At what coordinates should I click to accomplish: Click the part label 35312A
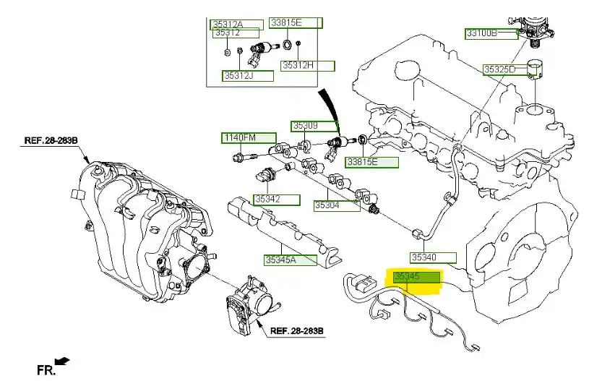[x=227, y=24]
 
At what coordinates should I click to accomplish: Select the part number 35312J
[x=238, y=75]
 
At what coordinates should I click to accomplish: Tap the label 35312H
[x=298, y=66]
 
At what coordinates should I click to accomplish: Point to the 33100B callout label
[x=481, y=33]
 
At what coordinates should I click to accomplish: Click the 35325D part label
[x=499, y=69]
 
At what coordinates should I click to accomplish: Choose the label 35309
[x=304, y=126]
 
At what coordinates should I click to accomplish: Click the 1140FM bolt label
[x=239, y=137]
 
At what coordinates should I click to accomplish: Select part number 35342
[x=267, y=199]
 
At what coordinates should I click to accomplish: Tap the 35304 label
[x=327, y=205]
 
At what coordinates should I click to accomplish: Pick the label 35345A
[x=280, y=258]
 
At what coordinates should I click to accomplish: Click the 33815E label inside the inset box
[x=285, y=23]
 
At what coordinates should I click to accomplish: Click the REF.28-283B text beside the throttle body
[x=297, y=331]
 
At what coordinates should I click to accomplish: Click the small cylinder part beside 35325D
[x=536, y=71]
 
